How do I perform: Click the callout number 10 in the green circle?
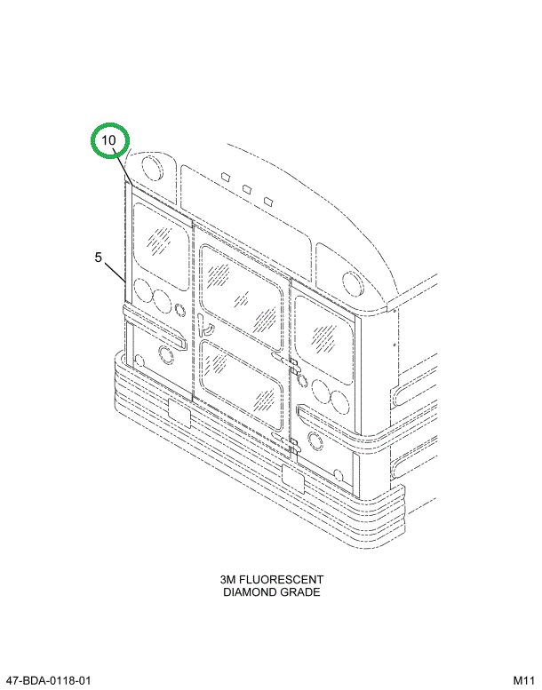[108, 140]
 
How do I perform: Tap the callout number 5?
[99, 258]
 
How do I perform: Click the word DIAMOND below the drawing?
[249, 591]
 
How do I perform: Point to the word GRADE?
[299, 591]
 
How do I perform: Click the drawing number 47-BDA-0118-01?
[49, 680]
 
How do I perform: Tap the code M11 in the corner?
[523, 680]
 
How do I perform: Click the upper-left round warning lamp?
[153, 168]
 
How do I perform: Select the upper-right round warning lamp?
[353, 285]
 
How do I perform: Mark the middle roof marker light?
[247, 189]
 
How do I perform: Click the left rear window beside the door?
[161, 246]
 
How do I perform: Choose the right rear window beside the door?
[324, 340]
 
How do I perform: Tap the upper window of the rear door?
[241, 297]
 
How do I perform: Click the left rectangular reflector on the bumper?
[179, 414]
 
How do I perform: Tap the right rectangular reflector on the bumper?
[293, 478]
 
